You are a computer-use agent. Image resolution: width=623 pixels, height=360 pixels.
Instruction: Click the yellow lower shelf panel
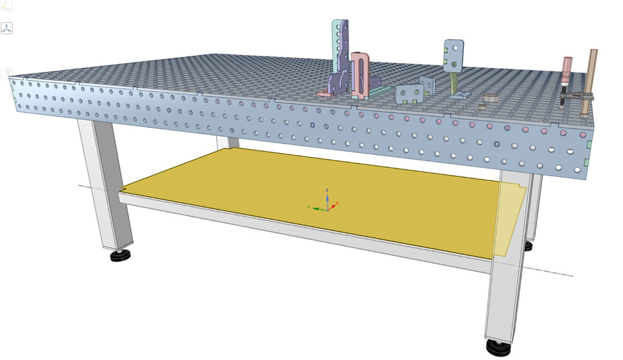tap(292, 195)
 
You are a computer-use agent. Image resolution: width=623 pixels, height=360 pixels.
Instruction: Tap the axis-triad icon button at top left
tap(7, 29)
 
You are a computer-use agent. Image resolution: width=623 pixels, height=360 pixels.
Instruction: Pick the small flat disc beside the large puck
tap(483, 106)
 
